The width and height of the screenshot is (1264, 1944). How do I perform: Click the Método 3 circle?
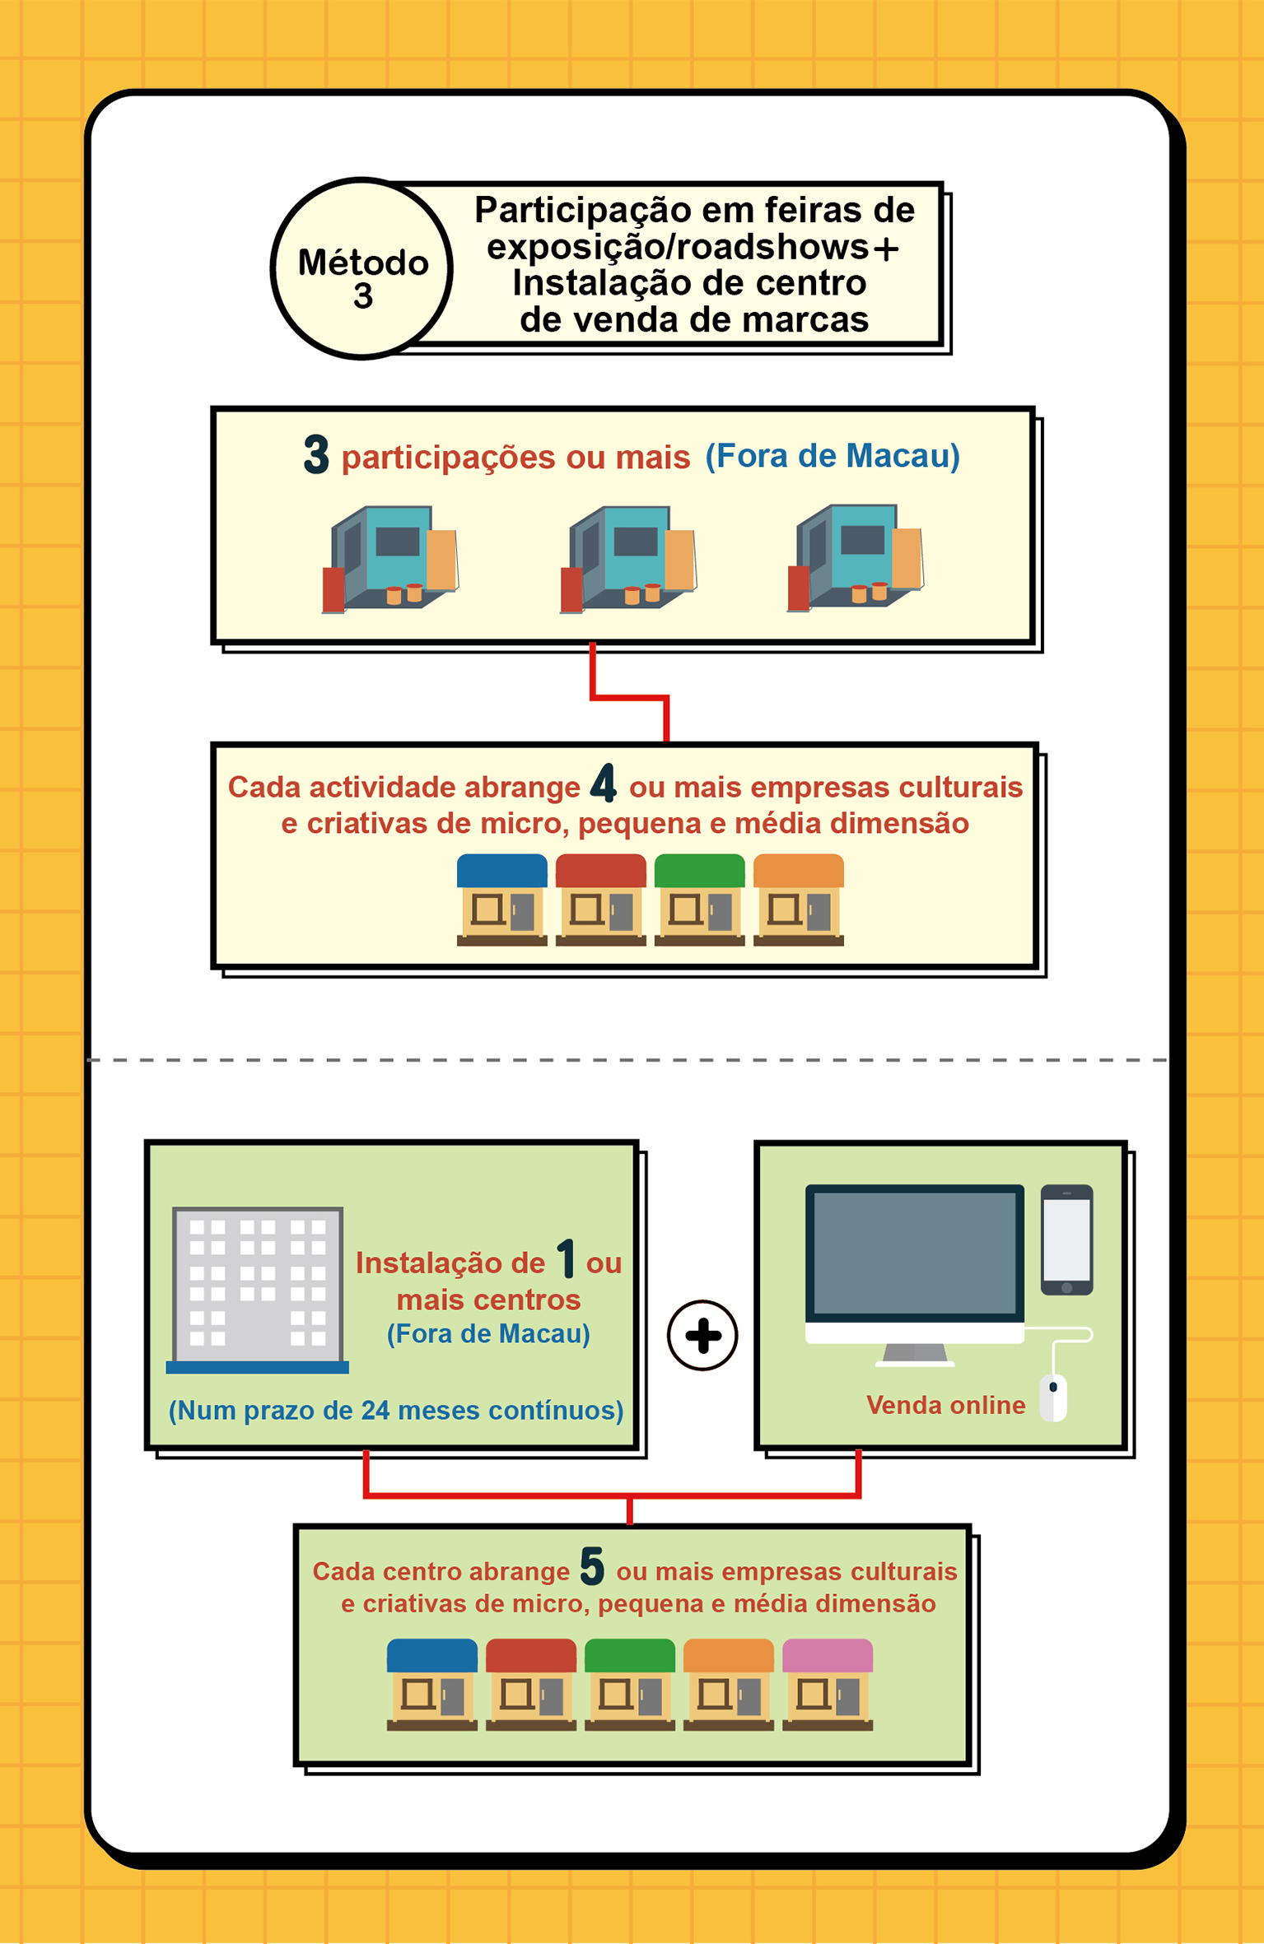361,268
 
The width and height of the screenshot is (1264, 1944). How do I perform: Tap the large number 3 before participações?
316,455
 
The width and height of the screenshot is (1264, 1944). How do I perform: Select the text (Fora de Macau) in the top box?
833,456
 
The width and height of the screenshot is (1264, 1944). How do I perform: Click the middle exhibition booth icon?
628,559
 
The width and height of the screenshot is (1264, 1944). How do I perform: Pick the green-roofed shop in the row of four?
700,900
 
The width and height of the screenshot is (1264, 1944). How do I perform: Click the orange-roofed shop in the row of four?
799,900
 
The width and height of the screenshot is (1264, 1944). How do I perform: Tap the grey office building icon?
258,1290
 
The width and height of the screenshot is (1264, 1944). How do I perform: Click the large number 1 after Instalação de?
566,1258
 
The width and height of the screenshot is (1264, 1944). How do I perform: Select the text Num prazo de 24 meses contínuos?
396,1411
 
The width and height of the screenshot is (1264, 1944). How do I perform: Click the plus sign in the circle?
702,1335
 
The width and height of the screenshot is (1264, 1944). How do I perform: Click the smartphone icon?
1066,1239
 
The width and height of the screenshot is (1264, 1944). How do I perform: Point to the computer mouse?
1053,1398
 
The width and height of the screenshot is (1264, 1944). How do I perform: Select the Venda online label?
946,1405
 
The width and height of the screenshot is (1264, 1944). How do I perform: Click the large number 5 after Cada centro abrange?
592,1566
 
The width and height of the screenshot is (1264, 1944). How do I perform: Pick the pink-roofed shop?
828,1684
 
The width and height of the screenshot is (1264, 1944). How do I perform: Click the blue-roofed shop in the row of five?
432,1684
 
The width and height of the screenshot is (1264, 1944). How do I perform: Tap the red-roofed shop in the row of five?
531,1684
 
